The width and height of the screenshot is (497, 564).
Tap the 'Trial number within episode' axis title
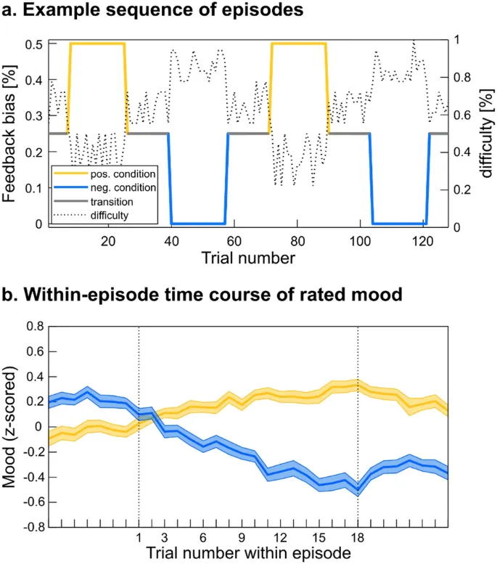coord(249,553)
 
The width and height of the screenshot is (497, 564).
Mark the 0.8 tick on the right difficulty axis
coord(462,80)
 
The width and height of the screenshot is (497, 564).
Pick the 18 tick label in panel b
coord(358,538)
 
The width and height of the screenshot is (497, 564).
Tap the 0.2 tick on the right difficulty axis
coord(462,188)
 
